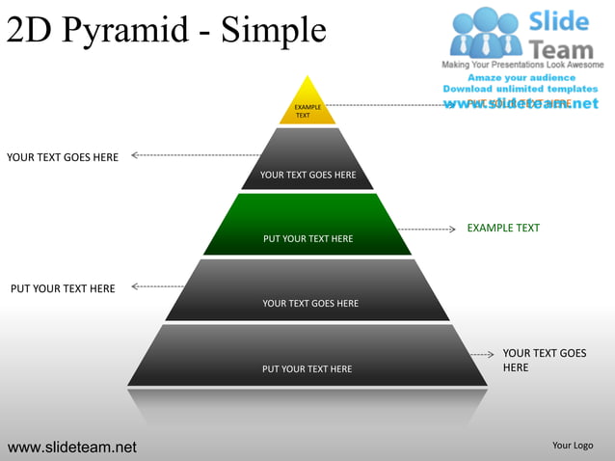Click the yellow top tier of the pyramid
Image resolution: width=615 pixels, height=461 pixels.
(307, 104)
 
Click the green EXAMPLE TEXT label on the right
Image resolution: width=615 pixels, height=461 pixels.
(503, 229)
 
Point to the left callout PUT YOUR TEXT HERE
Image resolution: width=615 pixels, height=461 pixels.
(63, 288)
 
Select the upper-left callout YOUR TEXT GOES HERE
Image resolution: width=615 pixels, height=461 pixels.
(63, 157)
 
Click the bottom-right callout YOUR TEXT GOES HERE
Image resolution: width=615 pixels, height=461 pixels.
(544, 361)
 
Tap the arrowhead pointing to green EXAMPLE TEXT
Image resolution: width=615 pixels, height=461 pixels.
(451, 230)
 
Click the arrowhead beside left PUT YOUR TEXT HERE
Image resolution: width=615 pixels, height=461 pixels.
(135, 286)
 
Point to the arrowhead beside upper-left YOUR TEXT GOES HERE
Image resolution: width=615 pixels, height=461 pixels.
(135, 154)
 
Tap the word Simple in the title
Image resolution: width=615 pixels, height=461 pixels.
(274, 31)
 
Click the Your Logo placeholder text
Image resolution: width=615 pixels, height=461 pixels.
(573, 445)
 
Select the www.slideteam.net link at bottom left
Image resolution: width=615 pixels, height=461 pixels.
(72, 447)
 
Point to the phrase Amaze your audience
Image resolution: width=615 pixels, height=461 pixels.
(521, 77)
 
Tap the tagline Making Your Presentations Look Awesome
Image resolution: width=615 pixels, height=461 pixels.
(521, 65)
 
